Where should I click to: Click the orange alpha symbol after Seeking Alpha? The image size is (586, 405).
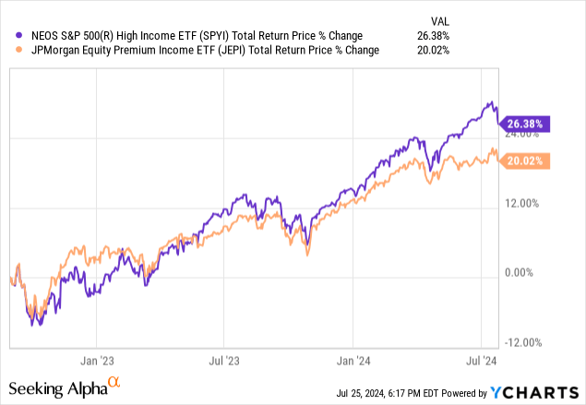114,380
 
